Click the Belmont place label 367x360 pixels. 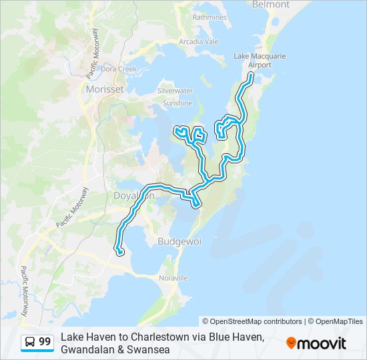pos(271,5)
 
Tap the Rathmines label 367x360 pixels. pos(209,17)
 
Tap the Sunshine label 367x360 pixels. pos(177,103)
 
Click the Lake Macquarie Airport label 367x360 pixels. pos(260,61)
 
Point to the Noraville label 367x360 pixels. pos(173,277)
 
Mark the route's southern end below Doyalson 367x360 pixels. pos(121,253)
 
